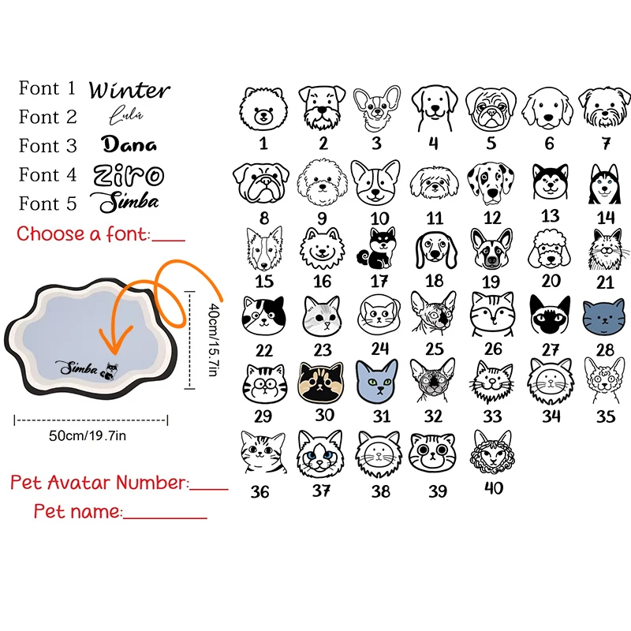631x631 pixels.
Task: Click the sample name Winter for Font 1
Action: pos(129,90)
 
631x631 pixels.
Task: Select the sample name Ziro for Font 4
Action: pos(129,174)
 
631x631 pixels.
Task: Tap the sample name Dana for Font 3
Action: pos(129,144)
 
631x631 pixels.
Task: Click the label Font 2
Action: pos(48,118)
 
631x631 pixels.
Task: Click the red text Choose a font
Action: pos(83,233)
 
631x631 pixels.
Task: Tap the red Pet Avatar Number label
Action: pos(99,482)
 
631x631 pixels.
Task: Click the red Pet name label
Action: pos(77,511)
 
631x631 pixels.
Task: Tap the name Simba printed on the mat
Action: pos(77,368)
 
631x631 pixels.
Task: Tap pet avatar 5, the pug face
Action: pos(491,109)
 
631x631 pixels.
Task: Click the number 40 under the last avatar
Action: pos(494,488)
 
